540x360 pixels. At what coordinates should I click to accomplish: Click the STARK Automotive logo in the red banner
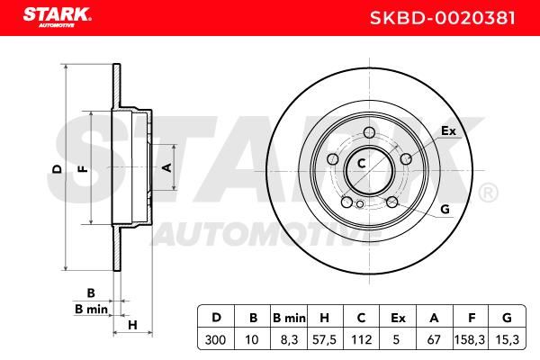(x=58, y=17)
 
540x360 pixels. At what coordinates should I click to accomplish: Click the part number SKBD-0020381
(x=443, y=18)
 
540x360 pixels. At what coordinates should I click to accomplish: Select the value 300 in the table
(x=215, y=339)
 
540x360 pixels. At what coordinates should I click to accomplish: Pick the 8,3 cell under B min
(x=289, y=339)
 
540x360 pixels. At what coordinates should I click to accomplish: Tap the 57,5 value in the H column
(x=324, y=339)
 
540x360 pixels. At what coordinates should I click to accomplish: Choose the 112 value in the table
(x=361, y=339)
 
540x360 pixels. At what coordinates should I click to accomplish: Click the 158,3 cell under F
(x=470, y=339)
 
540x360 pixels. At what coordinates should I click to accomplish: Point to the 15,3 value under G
(x=507, y=339)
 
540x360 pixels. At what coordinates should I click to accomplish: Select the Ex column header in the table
(x=398, y=318)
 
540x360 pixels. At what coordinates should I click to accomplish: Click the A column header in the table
(x=435, y=318)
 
